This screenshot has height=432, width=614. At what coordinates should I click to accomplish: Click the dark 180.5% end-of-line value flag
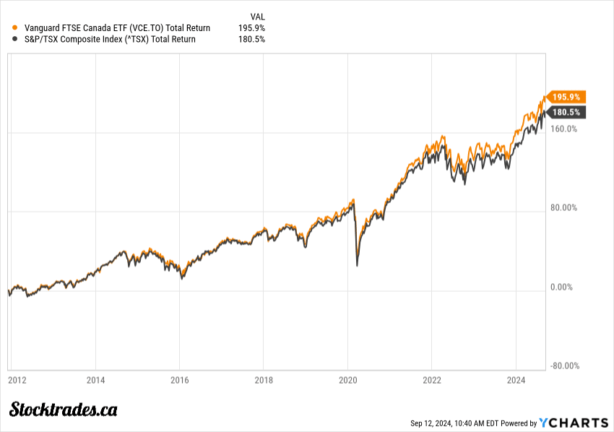coord(566,112)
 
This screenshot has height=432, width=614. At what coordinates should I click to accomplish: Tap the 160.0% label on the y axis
coord(565,130)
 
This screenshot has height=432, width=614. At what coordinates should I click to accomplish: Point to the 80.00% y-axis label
coord(565,208)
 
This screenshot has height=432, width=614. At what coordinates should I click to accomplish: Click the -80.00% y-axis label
coord(564,366)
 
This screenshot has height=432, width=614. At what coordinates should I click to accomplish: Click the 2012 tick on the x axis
coord(18,380)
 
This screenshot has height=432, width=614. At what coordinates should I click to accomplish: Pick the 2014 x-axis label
coord(96,380)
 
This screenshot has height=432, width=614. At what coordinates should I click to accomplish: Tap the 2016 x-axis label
coord(180,380)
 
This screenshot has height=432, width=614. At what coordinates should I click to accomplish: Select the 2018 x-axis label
coord(264,380)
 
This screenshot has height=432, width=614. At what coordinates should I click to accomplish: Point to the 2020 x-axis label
coord(348,380)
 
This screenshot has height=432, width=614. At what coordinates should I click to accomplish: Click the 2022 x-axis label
coord(432,380)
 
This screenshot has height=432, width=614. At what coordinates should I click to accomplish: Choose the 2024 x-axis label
coord(516,380)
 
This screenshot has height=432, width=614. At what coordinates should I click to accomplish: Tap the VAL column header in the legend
coord(257,16)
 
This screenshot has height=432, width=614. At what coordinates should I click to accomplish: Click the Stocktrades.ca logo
coord(64,410)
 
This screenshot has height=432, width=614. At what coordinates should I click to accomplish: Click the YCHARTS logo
coord(572,423)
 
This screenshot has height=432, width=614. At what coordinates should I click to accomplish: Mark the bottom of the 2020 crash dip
coord(357,266)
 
